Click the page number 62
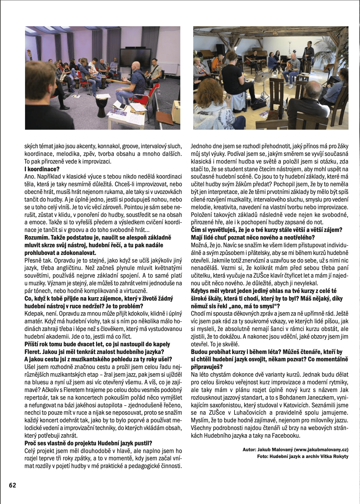(x=13, y=485)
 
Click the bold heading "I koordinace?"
(x=42, y=169)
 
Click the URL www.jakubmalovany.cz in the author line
(x=321, y=450)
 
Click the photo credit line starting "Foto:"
(x=303, y=456)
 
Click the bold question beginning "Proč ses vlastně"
(x=88, y=443)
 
